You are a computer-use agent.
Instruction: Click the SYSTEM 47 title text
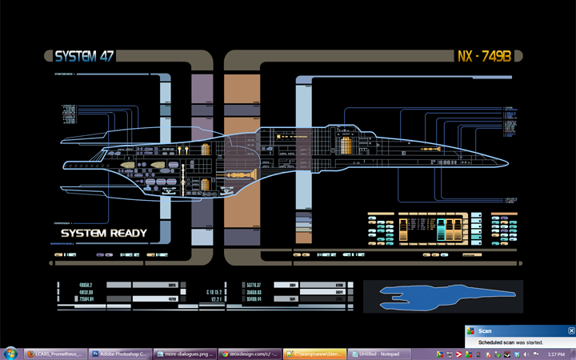tap(84, 57)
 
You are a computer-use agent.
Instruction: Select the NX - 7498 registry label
tap(489, 57)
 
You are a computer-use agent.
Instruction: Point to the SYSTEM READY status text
tap(104, 234)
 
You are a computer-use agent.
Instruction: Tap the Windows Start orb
tap(11, 352)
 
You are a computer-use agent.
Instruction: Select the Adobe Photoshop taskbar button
tap(120, 353)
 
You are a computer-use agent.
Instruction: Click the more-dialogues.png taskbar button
tap(184, 353)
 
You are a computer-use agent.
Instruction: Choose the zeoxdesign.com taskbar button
tap(248, 353)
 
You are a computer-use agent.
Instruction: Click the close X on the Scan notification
tap(571, 330)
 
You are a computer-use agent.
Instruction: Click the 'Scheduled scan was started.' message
tap(510, 342)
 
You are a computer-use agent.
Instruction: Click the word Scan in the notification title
tap(485, 330)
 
